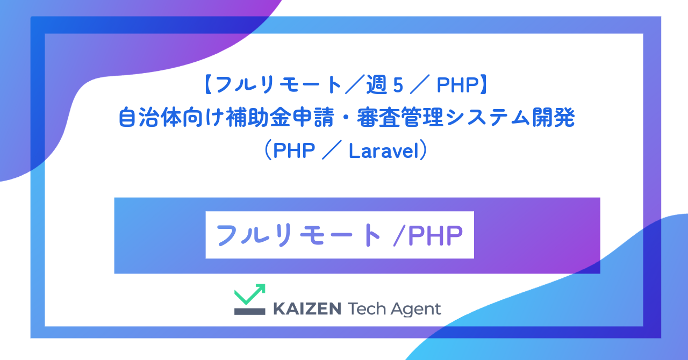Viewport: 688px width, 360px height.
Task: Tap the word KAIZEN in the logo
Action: pyautogui.click(x=307, y=309)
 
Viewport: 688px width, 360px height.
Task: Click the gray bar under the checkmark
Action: pyautogui.click(x=250, y=311)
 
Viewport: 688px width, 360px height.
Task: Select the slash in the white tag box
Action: pyautogui.click(x=398, y=235)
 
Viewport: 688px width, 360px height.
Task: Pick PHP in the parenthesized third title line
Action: pyautogui.click(x=294, y=151)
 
